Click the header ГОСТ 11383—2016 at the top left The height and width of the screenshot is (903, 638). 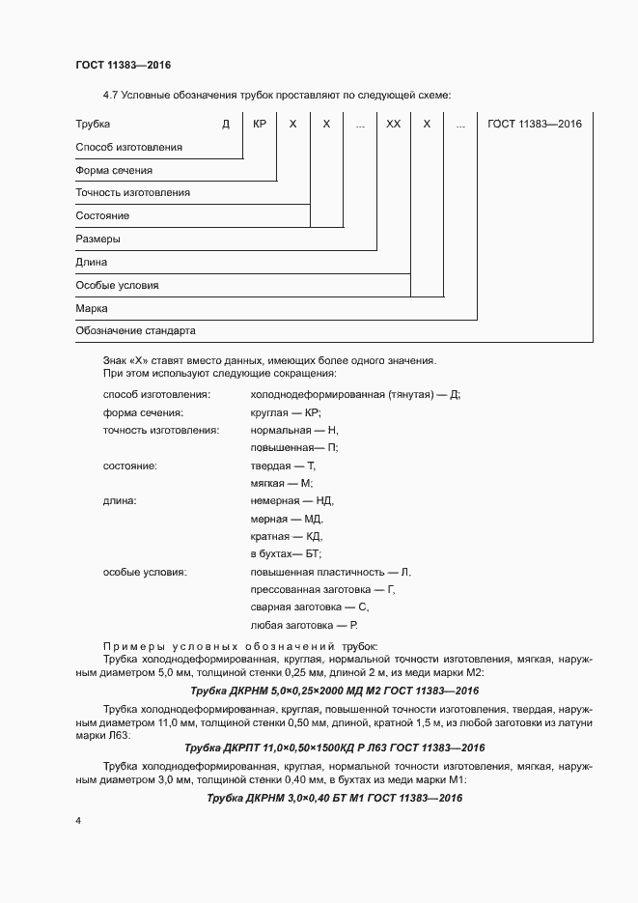pos(124,65)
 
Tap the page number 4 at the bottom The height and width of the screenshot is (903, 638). pos(78,821)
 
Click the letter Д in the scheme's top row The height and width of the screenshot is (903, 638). pos(226,124)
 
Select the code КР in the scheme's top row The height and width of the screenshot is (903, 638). pos(260,124)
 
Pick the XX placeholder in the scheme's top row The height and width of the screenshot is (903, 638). pos(393,124)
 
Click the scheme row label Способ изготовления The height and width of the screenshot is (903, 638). pos(128,147)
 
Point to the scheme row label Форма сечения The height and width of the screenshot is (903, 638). pos(114,170)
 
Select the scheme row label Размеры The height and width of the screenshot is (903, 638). pos(97,240)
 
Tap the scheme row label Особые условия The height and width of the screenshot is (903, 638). pos(117,286)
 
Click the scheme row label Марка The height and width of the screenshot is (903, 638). pos(92,309)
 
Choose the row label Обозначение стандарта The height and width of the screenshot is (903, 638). pos(135,330)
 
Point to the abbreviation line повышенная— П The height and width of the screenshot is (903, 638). pos(294,447)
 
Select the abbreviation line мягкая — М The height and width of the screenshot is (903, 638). pos(281,483)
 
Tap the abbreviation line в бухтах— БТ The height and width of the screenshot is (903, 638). pos(286,554)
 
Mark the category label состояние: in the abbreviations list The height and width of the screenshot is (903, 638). pos(130,466)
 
